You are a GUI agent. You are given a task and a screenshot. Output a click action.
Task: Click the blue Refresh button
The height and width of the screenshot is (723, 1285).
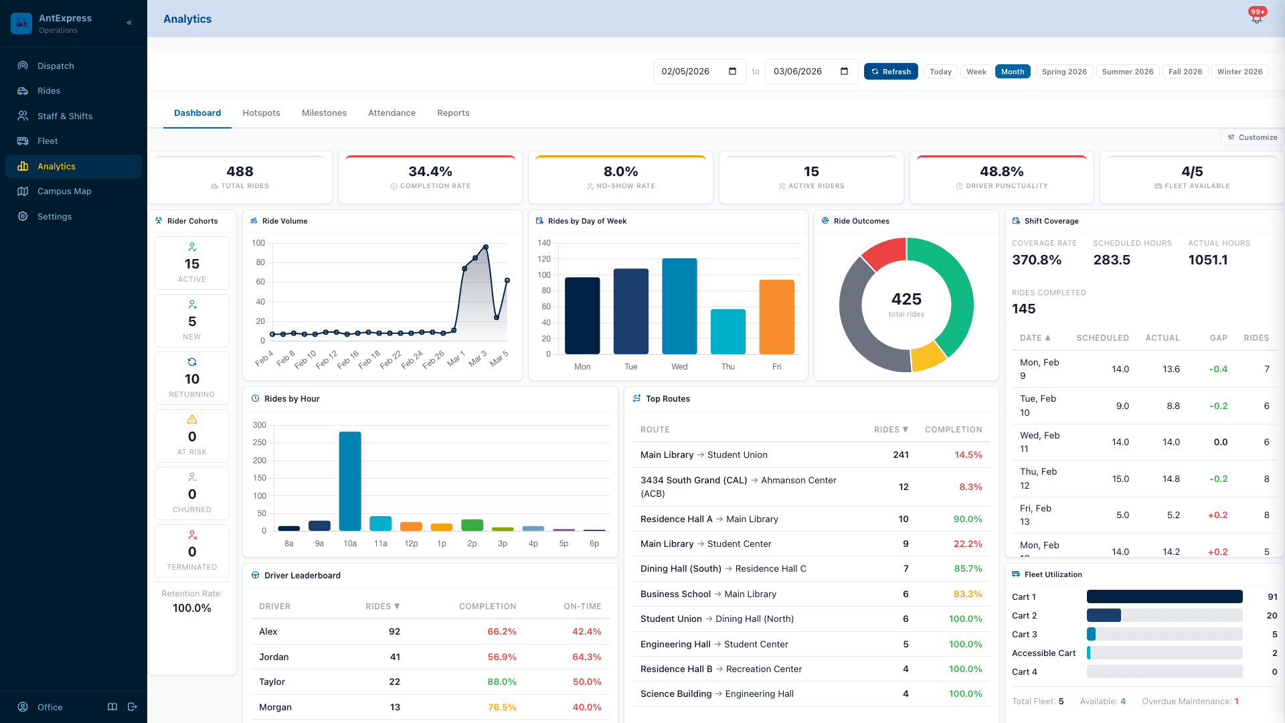point(891,72)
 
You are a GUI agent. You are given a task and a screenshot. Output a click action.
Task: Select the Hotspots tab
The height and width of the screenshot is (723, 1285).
point(261,112)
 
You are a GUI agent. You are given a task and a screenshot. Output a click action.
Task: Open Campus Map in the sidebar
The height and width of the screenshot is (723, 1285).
point(64,191)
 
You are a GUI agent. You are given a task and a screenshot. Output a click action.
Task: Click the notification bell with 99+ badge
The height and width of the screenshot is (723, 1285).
point(1256,19)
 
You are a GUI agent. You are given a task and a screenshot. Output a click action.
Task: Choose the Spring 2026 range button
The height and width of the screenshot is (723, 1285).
point(1063,72)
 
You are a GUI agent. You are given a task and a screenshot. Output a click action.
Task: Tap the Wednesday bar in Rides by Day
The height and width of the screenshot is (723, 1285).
point(679,307)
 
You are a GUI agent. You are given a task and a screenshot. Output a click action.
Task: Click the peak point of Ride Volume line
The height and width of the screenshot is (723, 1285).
point(486,247)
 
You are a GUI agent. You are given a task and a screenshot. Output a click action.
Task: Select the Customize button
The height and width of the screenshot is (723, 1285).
point(1252,137)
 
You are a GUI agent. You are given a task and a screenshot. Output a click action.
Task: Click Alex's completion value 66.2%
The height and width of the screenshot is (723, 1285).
point(501,631)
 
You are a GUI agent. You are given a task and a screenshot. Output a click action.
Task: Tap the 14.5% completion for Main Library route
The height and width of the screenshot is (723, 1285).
point(968,455)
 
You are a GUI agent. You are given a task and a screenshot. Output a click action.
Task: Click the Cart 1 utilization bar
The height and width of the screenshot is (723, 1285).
point(1164,596)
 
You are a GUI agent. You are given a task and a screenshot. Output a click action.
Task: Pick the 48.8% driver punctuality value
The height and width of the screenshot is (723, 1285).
point(1001,171)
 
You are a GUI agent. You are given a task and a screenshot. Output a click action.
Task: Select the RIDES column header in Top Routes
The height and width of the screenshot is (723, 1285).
point(890,430)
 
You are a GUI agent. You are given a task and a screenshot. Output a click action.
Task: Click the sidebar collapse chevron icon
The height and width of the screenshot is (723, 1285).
point(129,23)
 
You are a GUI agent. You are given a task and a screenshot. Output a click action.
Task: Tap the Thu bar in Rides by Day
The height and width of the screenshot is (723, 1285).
point(727,331)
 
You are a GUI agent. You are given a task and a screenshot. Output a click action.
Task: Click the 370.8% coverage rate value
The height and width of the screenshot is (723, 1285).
point(1036,260)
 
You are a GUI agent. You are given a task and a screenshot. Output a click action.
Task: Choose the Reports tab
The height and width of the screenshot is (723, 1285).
point(453,112)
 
